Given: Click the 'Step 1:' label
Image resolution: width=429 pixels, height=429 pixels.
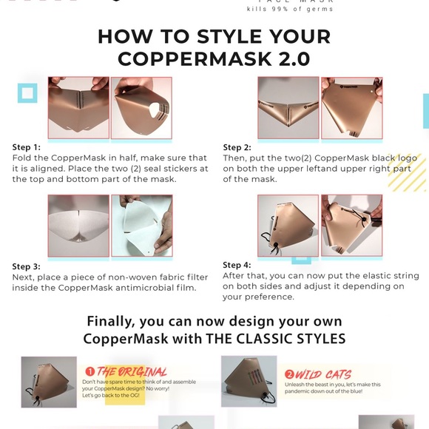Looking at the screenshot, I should pos(27,147).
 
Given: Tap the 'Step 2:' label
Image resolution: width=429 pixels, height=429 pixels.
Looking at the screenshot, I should pos(237,148).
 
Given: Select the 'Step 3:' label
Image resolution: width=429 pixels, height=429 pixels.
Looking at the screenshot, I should pos(27,266).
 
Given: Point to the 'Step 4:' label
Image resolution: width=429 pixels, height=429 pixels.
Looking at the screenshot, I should pos(237,265).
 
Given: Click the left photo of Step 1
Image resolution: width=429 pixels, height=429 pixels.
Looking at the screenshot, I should pos(78,107).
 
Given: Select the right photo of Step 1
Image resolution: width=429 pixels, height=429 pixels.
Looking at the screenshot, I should pos(141,107).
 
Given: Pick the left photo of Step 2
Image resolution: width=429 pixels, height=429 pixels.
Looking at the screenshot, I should pos(287,107).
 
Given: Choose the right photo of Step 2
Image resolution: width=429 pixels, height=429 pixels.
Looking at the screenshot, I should pos(351,107).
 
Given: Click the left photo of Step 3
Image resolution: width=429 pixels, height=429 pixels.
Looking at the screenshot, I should pos(78,226).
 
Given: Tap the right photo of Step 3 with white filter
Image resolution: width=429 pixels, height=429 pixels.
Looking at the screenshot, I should pos(141,226).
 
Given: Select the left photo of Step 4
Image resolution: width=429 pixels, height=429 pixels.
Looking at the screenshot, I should pos(288,226).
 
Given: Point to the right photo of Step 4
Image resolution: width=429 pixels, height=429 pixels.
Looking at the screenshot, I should pos(351,226).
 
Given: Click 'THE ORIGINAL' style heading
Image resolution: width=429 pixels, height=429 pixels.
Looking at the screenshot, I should pos(132,372).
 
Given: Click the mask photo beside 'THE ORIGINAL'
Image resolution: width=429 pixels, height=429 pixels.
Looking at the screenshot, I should pos(49,382).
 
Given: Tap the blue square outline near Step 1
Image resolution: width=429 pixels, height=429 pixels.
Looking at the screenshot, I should pos(27,92).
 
